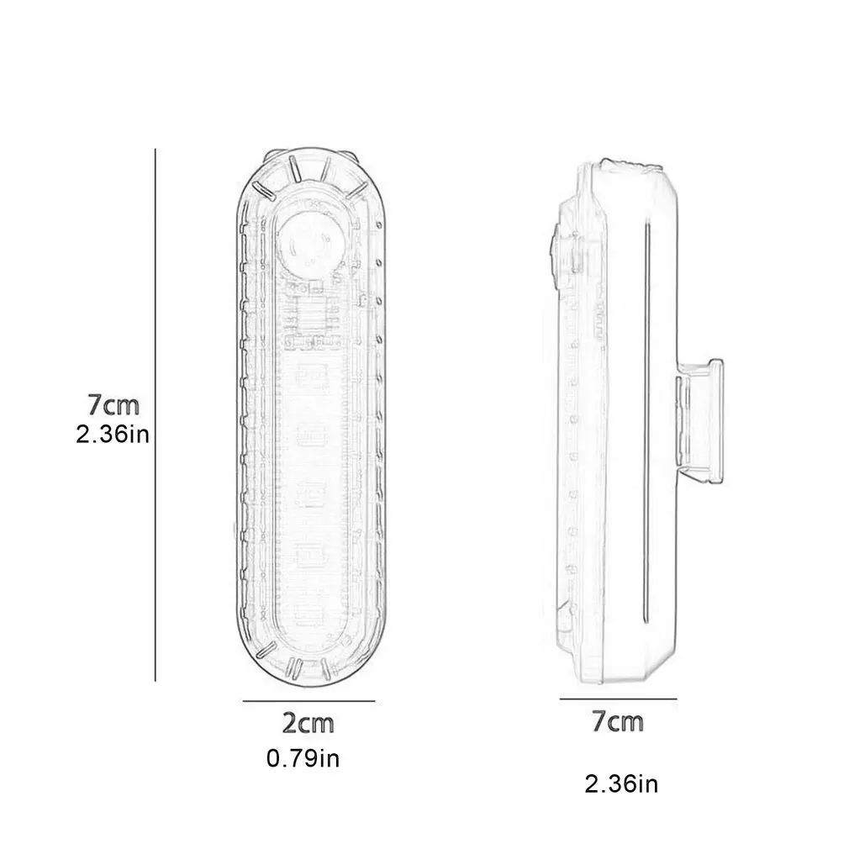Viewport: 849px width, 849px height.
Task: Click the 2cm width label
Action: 308,722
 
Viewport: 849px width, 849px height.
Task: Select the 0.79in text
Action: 303,759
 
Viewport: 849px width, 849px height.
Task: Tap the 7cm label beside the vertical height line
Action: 113,404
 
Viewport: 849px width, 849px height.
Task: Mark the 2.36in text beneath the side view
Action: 621,785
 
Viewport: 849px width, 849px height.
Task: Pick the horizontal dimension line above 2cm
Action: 308,700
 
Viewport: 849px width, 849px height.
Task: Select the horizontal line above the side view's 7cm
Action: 618,698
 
